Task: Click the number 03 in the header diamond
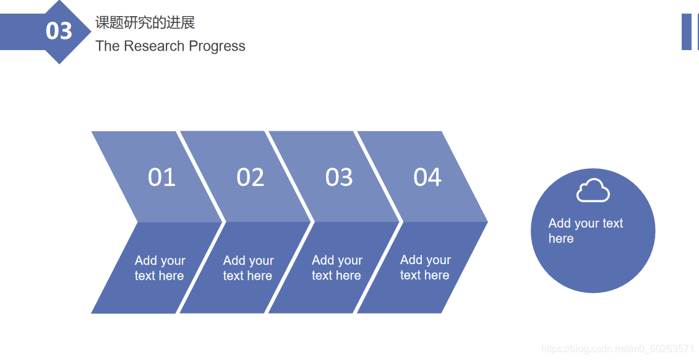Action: tap(59, 31)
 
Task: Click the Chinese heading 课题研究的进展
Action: tap(145, 23)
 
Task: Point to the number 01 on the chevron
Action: tap(161, 178)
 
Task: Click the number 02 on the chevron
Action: tap(250, 178)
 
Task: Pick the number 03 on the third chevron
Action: tap(339, 178)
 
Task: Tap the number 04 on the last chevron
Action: tap(427, 178)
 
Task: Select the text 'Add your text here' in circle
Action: tap(585, 231)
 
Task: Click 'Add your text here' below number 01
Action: tap(160, 268)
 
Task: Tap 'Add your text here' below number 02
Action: tap(248, 268)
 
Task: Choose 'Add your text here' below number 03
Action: tap(337, 268)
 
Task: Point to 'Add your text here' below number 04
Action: tap(425, 268)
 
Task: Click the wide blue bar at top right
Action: tap(686, 32)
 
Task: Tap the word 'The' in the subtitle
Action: tap(108, 46)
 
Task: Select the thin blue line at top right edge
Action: tap(697, 32)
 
